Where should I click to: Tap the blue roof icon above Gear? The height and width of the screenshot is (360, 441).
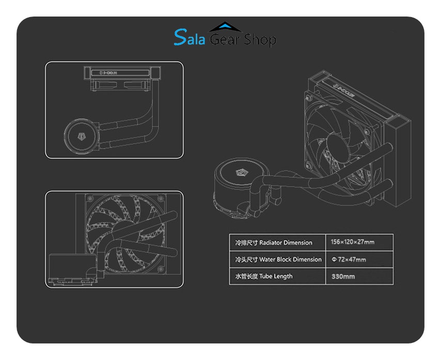[x=225, y=27]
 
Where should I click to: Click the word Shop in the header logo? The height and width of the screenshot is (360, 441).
[x=260, y=39]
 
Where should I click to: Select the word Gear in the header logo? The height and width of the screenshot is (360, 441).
[x=225, y=39]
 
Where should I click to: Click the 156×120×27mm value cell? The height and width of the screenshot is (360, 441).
[x=352, y=242]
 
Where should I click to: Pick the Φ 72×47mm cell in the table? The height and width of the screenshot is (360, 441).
[x=349, y=259]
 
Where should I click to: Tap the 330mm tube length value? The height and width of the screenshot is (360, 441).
[x=343, y=276]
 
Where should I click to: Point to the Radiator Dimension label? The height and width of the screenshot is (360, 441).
[x=286, y=242]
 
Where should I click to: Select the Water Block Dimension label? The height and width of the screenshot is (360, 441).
[x=290, y=259]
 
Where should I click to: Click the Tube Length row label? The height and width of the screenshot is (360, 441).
[x=276, y=276]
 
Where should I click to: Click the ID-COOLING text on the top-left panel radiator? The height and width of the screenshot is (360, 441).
[x=108, y=73]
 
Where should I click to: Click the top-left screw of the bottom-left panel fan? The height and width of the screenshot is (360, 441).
[x=90, y=199]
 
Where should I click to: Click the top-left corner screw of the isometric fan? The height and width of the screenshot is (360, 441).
[x=309, y=98]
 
